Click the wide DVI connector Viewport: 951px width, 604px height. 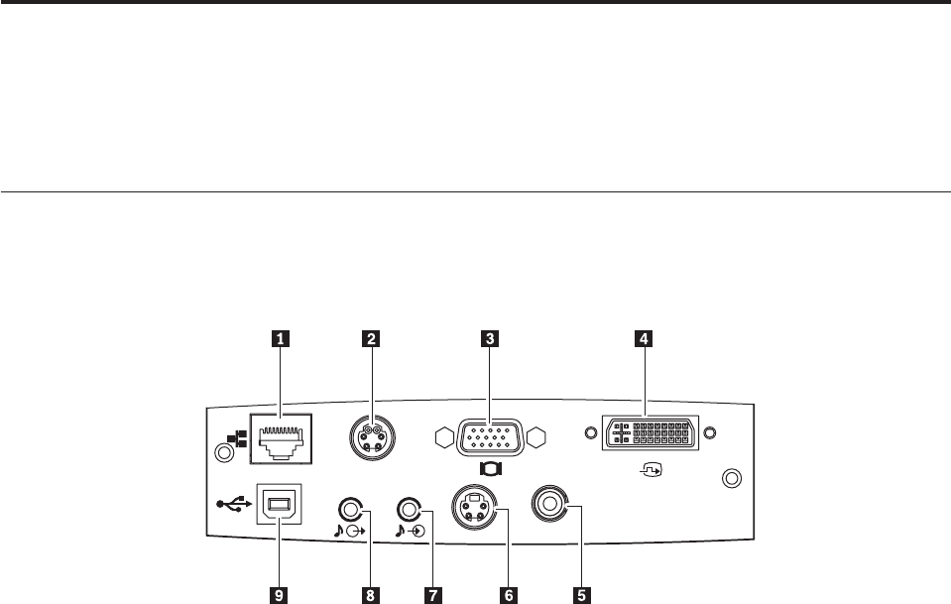point(650,433)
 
